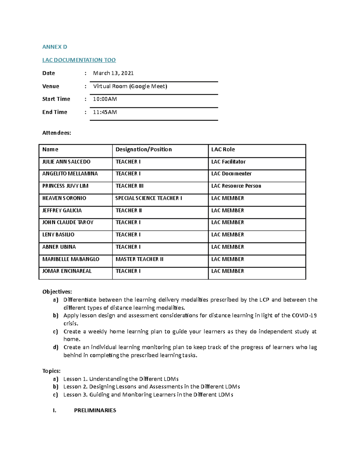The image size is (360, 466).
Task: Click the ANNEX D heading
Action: [55, 47]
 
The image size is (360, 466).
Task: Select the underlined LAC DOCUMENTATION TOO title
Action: [79, 60]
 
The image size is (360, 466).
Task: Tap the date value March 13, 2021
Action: [113, 73]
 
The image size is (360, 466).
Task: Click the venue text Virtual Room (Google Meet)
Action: [130, 86]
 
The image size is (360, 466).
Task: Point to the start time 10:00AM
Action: [105, 99]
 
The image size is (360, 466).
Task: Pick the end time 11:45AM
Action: [105, 112]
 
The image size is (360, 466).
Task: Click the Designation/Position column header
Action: [143, 149]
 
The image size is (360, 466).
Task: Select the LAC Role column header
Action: [223, 149]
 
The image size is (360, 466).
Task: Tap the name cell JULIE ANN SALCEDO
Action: [66, 162]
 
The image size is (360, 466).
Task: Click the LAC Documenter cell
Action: [231, 174]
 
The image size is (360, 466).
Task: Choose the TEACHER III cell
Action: [129, 186]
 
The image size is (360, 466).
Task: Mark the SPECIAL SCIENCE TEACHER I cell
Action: [148, 198]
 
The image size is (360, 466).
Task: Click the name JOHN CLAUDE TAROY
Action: [68, 222]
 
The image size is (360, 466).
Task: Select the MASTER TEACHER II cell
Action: [139, 259]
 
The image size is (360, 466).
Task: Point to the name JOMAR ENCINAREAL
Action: [67, 271]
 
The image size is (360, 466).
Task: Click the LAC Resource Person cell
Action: [236, 186]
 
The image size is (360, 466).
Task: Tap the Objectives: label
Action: [57, 292]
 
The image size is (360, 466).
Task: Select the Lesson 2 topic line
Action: [151, 387]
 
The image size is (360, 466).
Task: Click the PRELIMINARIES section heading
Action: [95, 410]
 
